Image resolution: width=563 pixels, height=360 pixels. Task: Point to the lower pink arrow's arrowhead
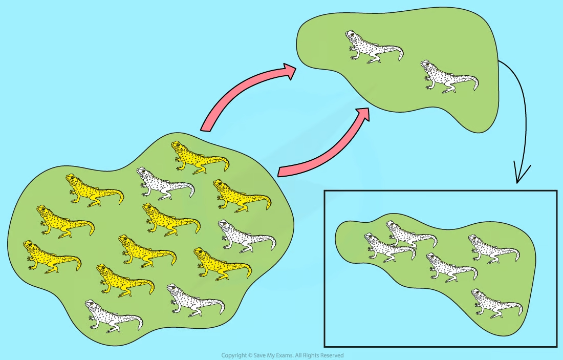point(362,115)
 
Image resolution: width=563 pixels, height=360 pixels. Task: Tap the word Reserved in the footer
point(332,355)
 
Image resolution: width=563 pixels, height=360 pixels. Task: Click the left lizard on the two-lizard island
point(374,47)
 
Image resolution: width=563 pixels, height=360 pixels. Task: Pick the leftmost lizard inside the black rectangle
point(390,247)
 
